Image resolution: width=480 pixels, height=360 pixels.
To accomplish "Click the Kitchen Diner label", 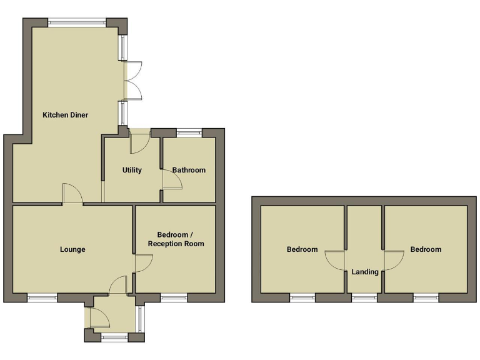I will click(65, 115).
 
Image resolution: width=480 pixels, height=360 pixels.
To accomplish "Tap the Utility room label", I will click(132, 170).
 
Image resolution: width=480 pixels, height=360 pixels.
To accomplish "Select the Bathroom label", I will click(189, 170).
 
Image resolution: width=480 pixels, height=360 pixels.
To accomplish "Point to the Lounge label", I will click(72, 249).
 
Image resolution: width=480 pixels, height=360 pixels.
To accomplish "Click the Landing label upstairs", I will click(365, 272).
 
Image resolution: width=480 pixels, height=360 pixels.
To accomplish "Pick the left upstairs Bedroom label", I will click(302, 249).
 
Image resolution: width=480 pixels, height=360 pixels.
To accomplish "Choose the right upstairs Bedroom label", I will click(426, 249).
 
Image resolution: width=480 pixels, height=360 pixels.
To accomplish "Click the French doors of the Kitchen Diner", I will click(134, 81).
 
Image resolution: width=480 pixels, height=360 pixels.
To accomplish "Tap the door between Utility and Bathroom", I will click(171, 180).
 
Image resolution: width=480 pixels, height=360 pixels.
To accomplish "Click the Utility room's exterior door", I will click(139, 142).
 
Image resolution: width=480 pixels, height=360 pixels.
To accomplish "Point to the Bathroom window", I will click(189, 132).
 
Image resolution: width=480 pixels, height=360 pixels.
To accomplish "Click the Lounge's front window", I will click(42, 297).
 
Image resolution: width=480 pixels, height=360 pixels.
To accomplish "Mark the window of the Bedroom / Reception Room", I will click(174, 297).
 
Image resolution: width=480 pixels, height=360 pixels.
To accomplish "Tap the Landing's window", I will click(364, 297).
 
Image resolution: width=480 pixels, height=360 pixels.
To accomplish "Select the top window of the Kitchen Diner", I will click(77, 23).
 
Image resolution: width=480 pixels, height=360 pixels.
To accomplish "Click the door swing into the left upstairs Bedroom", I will click(336, 260).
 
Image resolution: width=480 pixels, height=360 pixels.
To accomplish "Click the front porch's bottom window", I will click(114, 337).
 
